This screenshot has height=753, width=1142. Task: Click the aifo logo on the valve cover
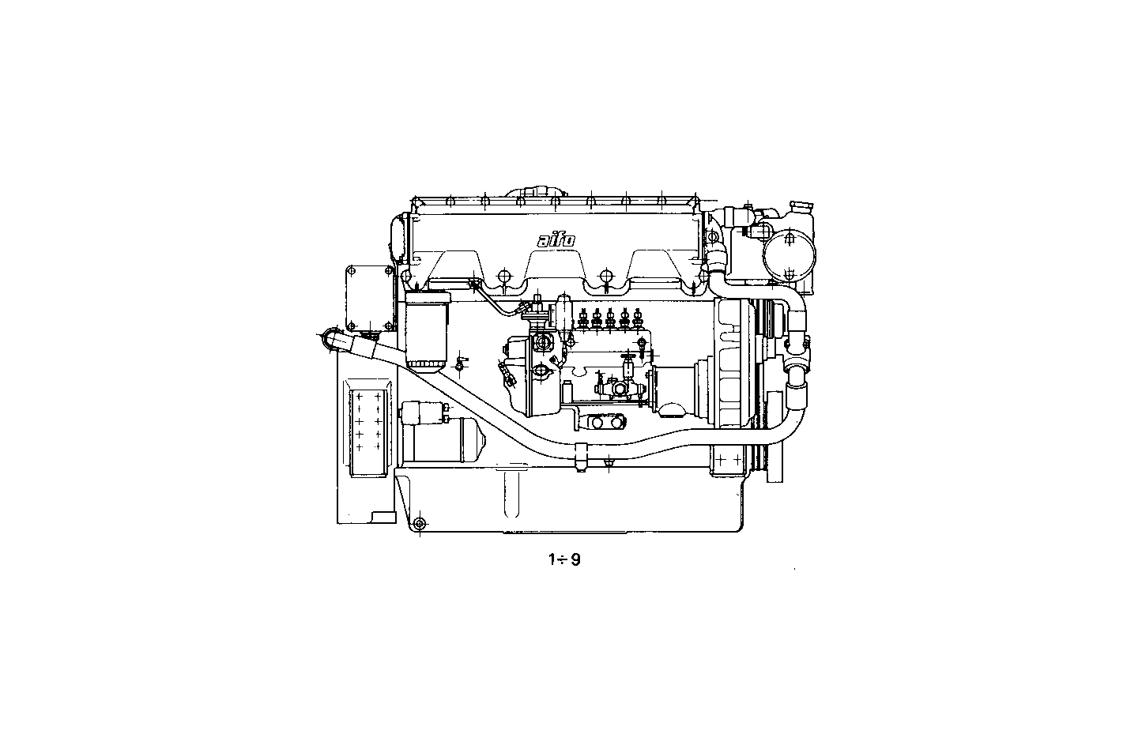(556, 240)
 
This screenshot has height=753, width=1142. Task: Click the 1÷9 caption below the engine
(565, 560)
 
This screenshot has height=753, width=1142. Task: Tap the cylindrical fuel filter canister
(426, 330)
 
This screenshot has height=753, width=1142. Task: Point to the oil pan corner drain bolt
(420, 523)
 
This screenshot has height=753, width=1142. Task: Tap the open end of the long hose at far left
(329, 337)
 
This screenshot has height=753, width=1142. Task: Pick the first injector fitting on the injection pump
(582, 320)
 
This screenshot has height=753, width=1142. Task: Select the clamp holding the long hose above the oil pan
(582, 457)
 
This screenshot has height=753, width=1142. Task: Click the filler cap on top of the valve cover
(537, 193)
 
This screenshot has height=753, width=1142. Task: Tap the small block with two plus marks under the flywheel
(727, 458)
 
